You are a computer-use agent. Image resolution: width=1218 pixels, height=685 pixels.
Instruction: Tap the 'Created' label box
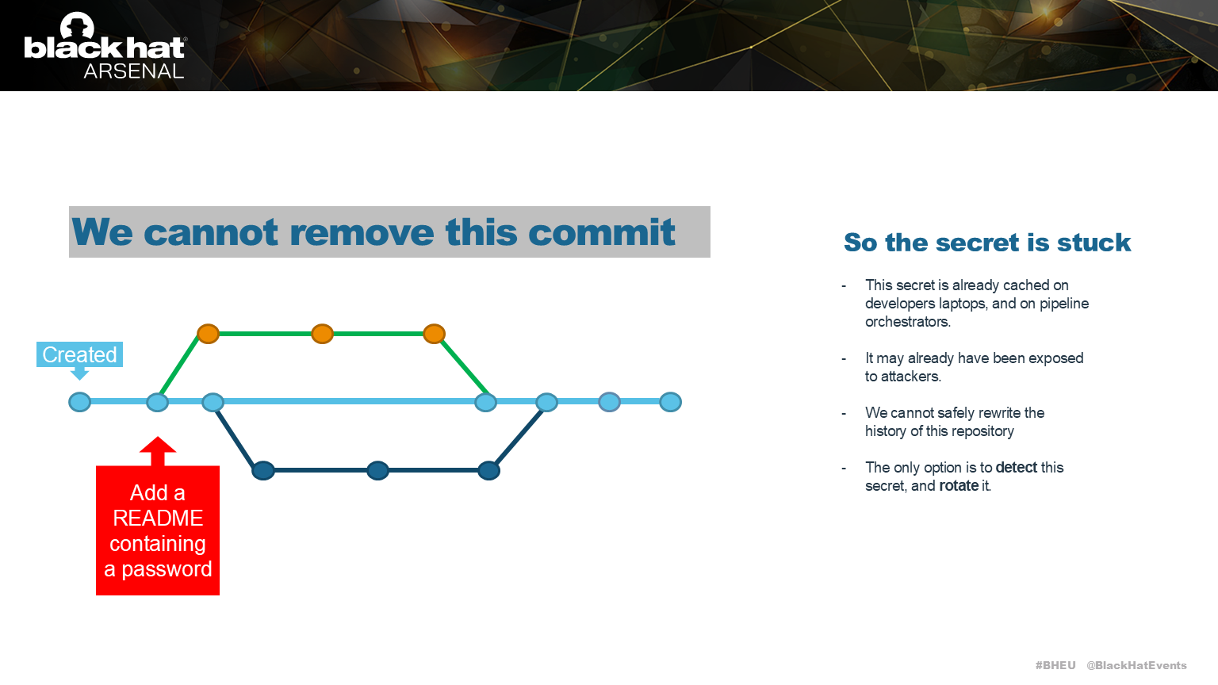click(x=79, y=354)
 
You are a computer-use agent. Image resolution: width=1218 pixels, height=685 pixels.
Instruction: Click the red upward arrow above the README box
click(x=158, y=450)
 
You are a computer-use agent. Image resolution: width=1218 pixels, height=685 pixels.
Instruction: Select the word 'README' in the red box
click(x=158, y=518)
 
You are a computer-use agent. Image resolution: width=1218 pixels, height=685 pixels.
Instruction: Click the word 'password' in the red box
click(x=167, y=569)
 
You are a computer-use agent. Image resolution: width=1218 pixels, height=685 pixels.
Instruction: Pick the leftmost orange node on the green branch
click(x=208, y=334)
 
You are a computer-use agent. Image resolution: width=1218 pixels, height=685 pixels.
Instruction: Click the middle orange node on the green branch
click(x=322, y=334)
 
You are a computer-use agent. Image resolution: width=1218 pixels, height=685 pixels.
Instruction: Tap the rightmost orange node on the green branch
click(x=434, y=334)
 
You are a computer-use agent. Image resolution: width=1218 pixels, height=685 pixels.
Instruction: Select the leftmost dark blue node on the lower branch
click(x=263, y=471)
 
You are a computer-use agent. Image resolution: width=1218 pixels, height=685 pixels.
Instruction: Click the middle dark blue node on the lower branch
click(x=377, y=471)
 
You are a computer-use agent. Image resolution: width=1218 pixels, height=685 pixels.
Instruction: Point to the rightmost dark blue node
click(x=488, y=471)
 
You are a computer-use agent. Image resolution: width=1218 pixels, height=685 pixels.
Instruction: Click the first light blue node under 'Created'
click(x=79, y=402)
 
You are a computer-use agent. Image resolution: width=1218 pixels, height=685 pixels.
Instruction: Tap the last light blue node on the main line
click(x=670, y=402)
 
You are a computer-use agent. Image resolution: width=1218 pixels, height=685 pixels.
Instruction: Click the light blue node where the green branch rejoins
click(x=485, y=402)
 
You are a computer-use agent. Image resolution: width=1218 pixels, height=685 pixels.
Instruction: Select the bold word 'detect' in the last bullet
click(x=1016, y=468)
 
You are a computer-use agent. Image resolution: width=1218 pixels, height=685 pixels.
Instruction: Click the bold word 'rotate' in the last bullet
click(x=958, y=486)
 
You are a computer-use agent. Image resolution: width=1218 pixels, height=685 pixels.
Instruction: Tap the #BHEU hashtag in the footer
click(x=1055, y=665)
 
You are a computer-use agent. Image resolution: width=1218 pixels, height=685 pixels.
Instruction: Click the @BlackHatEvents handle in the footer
click(x=1136, y=665)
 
